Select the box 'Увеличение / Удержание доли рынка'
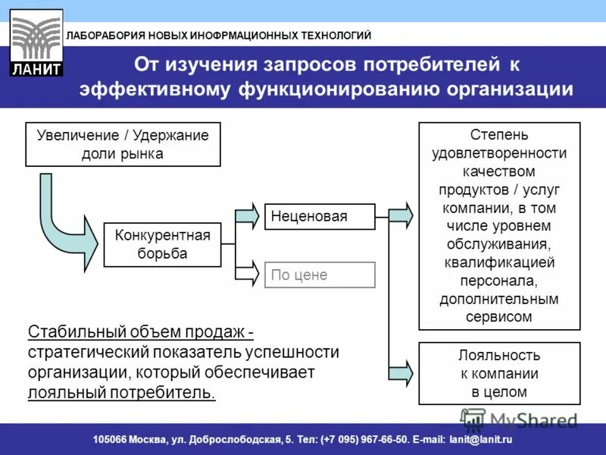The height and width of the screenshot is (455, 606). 123,144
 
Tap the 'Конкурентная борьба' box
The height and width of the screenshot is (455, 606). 162,244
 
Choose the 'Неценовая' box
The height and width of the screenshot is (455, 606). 319,217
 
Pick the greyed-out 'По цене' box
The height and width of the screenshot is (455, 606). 319,275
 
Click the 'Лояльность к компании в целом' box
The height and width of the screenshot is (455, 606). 499,373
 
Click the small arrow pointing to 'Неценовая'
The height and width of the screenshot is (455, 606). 248,216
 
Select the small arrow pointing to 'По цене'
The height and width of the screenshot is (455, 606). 248,274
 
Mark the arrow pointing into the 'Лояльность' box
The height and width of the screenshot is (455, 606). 401,372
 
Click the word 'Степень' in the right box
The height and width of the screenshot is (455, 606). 499,135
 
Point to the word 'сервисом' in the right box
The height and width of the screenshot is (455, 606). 499,317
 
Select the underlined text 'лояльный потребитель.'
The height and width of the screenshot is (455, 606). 121,393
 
